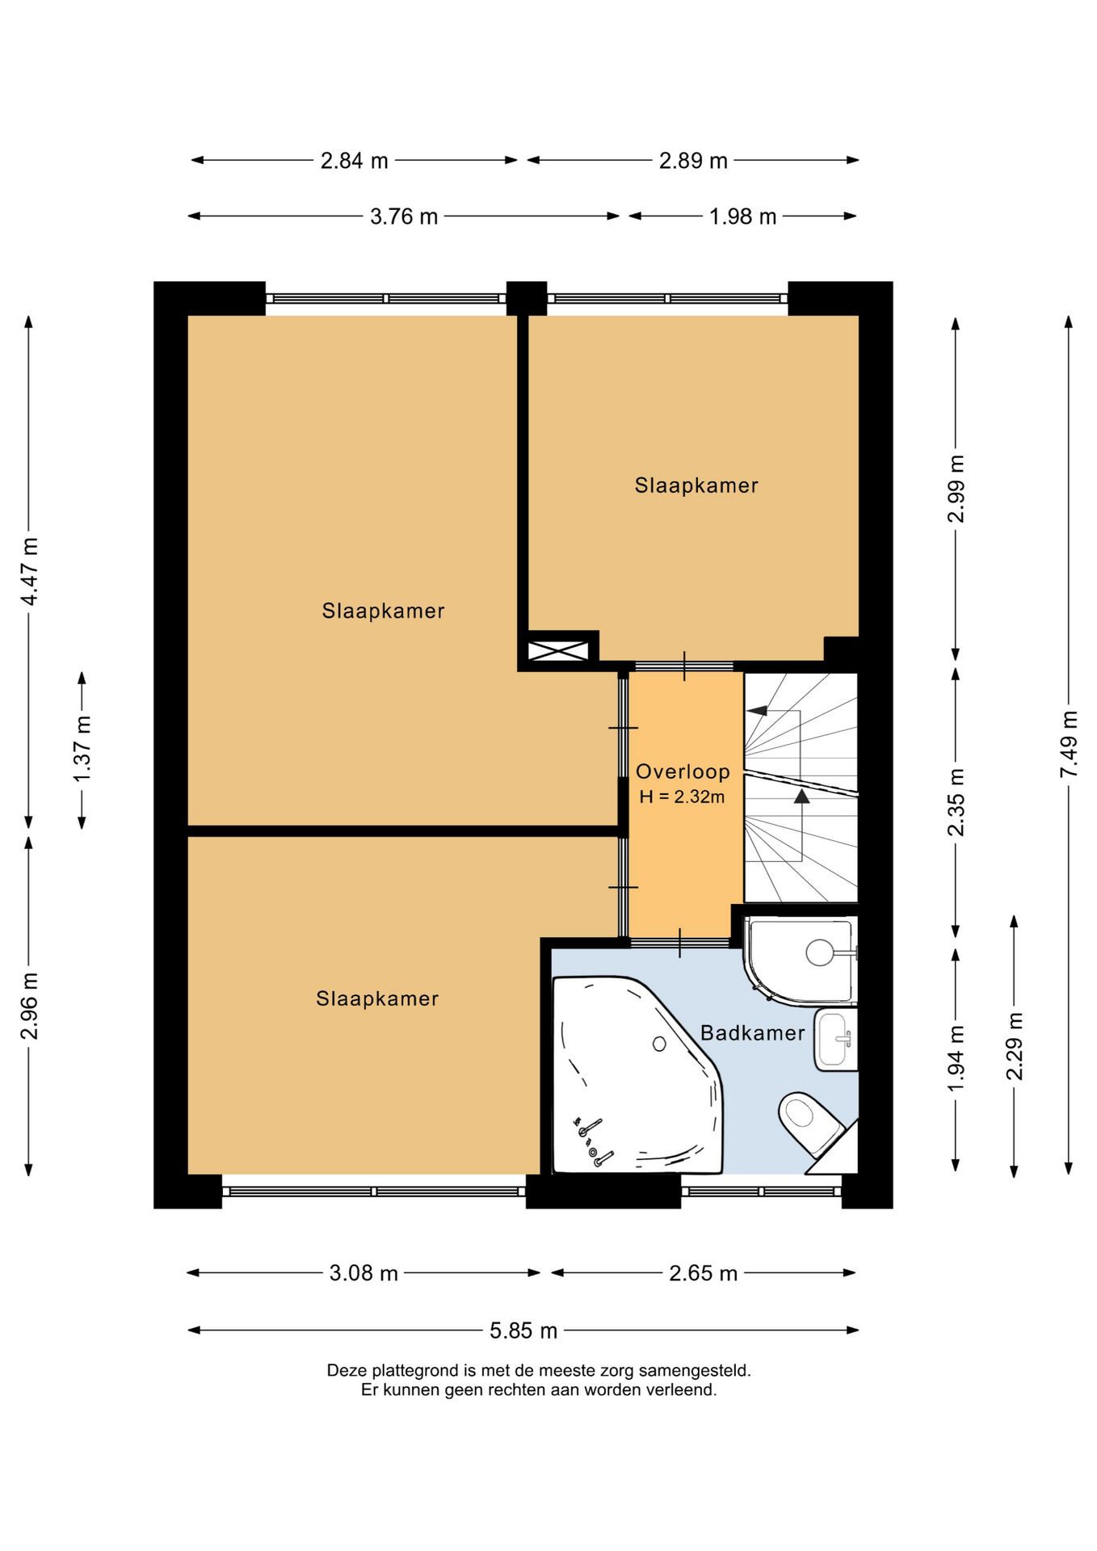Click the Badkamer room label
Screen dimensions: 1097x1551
[752, 1033]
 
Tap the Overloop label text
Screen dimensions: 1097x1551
[683, 772]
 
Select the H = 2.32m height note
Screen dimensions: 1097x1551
[682, 797]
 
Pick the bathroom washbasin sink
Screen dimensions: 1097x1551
[835, 1039]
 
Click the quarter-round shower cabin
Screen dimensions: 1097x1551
[800, 960]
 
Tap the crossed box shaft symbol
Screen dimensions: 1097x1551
[557, 650]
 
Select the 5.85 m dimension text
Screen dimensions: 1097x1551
[523, 1330]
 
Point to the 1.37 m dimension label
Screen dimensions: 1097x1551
[82, 749]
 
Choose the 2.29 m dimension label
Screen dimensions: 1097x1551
[1015, 1046]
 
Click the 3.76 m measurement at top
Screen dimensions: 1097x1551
[404, 216]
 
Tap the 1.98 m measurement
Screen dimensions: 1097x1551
[742, 216]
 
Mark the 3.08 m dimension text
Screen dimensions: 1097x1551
[364, 1273]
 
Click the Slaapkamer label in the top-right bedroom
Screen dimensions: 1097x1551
[696, 485]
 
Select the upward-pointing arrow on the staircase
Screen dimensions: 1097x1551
[801, 797]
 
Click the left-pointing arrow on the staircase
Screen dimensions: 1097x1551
[757, 711]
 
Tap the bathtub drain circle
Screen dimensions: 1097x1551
[659, 1045]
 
